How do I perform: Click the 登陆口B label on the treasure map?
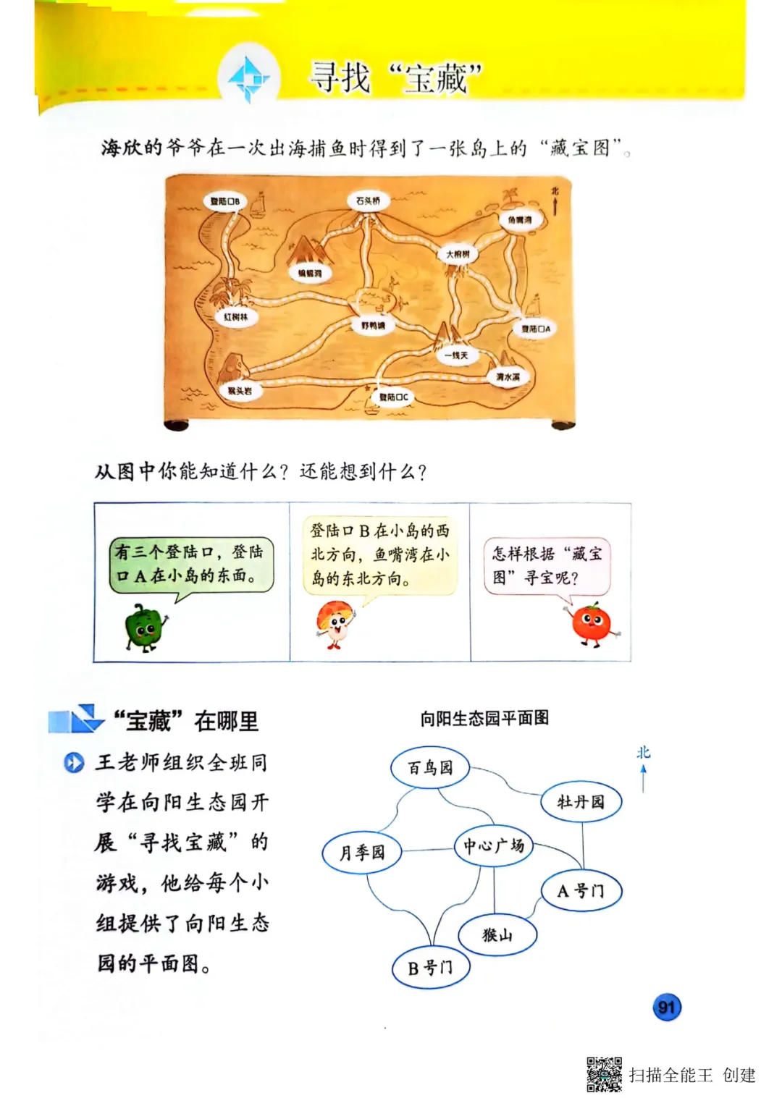pos(224,201)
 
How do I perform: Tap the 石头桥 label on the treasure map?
pos(368,200)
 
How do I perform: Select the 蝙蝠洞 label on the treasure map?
pos(310,274)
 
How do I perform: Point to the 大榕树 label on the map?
pos(458,254)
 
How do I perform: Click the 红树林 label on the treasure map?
pos(235,317)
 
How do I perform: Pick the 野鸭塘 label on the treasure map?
pos(373,326)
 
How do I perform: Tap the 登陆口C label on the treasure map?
pos(394,397)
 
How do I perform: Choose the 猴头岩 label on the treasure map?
pos(240,391)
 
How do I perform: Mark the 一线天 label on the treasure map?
pos(456,355)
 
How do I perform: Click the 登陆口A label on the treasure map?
pos(536,329)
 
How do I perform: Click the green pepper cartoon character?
pos(145,628)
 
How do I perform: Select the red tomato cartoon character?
pos(592,624)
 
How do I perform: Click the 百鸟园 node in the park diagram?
pos(430,767)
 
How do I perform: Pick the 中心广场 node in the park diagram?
pos(494,845)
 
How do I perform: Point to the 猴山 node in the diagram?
pos(497,935)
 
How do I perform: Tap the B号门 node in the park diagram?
pos(431,968)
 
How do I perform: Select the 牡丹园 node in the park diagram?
pos(581,801)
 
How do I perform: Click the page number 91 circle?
pos(667,1007)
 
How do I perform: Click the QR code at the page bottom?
pos(604,1074)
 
